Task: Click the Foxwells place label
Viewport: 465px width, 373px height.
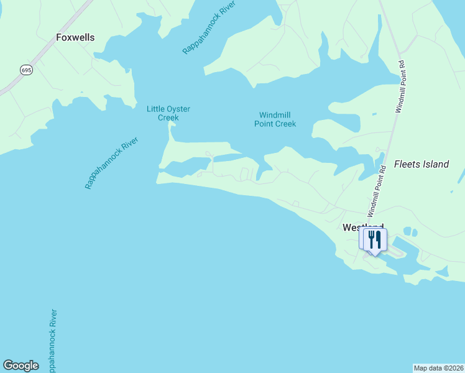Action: (x=75, y=37)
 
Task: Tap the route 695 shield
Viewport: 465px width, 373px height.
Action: (x=25, y=70)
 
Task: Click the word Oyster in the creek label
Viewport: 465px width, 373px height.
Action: (x=178, y=109)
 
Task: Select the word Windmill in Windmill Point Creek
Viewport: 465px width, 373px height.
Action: (x=275, y=115)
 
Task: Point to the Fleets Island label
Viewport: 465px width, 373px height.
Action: (x=421, y=165)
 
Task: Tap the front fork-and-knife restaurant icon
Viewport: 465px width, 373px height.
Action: (x=375, y=240)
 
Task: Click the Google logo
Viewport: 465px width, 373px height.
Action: (x=21, y=366)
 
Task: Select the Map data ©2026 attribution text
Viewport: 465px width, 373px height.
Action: (x=438, y=368)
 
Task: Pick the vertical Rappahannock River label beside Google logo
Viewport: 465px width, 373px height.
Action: (x=53, y=341)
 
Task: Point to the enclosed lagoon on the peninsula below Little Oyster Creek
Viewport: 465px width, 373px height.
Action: (x=186, y=165)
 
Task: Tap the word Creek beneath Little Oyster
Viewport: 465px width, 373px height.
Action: (x=168, y=117)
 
